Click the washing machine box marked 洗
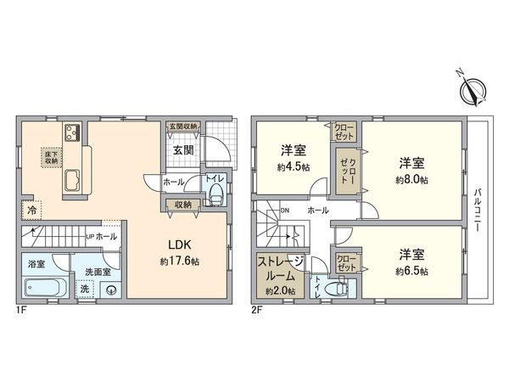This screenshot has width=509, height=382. (83, 289)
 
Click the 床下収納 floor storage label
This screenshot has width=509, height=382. (51, 156)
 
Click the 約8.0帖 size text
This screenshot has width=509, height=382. (411, 180)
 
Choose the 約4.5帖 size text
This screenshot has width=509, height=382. (294, 167)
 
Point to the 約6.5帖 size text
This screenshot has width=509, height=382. (411, 271)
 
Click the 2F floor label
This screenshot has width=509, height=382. (256, 311)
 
